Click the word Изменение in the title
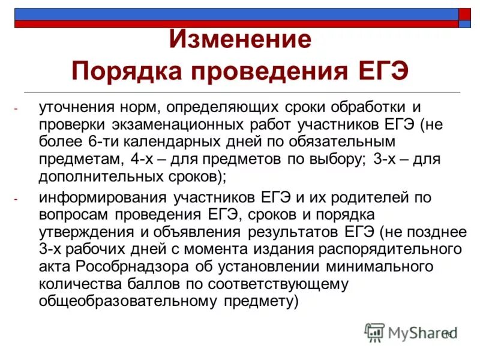pyautogui.click(x=240, y=41)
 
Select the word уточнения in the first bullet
pyautogui.click(x=74, y=108)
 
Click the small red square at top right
pyautogui.click(x=465, y=14)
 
